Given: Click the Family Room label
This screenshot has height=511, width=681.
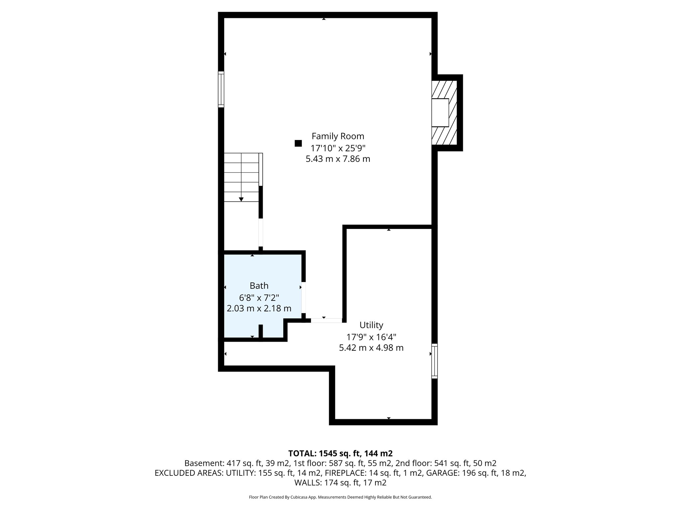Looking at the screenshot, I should (338, 136).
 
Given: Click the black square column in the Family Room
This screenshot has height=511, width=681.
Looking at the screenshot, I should (298, 143).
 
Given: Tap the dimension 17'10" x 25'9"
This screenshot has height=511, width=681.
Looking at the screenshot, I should (338, 148).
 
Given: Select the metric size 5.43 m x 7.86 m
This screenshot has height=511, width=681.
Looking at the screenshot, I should (338, 159).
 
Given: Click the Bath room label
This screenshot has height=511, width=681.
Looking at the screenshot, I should (259, 286).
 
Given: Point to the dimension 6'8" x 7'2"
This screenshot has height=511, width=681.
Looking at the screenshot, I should (259, 297).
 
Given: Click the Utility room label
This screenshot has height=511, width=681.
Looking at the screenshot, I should (371, 325).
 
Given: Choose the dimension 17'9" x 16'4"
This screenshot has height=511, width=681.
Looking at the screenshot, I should (371, 337).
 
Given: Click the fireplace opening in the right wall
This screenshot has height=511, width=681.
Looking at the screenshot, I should (440, 112).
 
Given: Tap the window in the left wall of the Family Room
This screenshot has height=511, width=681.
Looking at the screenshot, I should (221, 89).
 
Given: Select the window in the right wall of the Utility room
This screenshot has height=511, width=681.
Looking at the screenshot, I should (434, 361).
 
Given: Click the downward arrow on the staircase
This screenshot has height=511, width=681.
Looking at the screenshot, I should (241, 199).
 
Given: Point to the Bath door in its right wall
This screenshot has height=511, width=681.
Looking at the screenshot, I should (304, 297).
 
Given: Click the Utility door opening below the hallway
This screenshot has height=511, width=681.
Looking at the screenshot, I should (326, 320).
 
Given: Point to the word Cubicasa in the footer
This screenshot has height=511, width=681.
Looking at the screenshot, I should (300, 497).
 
